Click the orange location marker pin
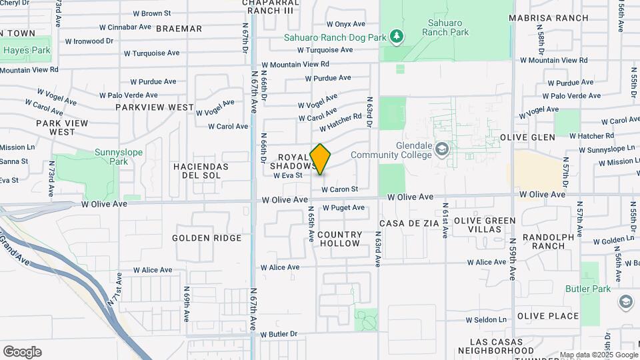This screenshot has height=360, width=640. tap(321, 159)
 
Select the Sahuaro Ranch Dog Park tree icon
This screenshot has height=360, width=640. tap(397, 35)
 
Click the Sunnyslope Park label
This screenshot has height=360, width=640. tap(119, 157)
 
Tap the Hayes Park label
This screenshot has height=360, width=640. tap(27, 50)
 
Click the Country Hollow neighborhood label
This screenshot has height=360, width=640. tap(340, 239)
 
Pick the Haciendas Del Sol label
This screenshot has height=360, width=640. tap(201, 171)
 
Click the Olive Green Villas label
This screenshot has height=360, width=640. tap(484, 225)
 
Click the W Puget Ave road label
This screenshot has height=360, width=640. tap(343, 207)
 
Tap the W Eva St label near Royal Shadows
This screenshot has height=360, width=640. tap(288, 175)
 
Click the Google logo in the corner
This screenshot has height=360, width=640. tap(22, 352)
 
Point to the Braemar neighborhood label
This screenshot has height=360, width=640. tap(179, 29)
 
